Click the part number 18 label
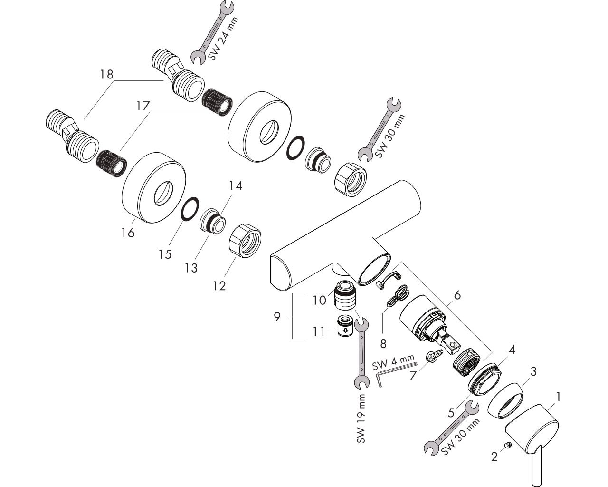coord(107,75)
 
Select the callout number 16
coord(128,233)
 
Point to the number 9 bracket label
coord(277,316)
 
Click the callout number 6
coord(457,295)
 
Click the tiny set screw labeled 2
coord(508,446)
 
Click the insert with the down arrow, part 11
coord(345,326)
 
